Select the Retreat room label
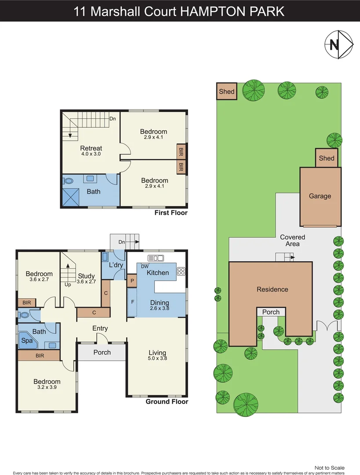coord(91,148)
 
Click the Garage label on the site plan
coord(320,196)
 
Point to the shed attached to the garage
coord(327,158)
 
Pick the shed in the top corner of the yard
coord(227,92)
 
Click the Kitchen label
coord(158,273)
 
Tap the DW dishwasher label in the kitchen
coord(144,266)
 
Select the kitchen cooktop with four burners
coord(181,271)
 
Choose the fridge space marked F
coord(132,302)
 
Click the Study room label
coord(87,276)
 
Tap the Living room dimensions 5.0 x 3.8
coord(157,358)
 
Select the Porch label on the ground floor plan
coord(102,352)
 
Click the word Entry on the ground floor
coord(100,328)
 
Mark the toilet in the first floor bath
coord(68,180)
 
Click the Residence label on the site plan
coord(273,289)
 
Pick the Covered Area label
coord(292,241)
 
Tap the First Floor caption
coord(171,213)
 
